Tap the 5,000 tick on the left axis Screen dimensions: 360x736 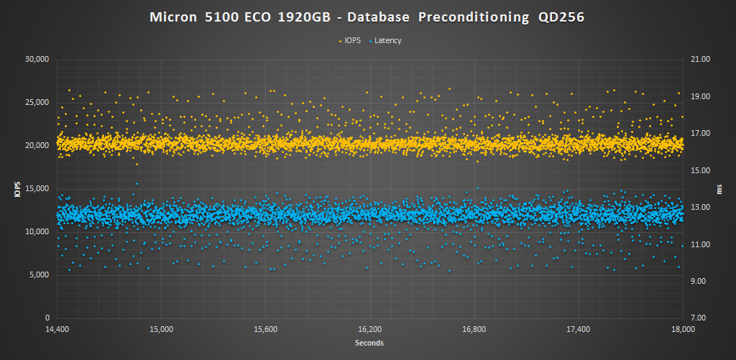tap(38, 274)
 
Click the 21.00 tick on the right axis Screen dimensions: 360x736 tap(700, 59)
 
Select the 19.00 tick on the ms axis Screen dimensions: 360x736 tap(700, 96)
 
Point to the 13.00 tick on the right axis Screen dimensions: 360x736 tap(700, 207)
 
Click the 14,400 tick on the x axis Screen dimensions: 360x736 tap(57, 329)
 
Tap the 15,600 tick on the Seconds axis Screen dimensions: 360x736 tap(265, 329)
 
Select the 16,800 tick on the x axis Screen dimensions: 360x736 tap(474, 329)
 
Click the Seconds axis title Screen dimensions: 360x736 tap(369, 343)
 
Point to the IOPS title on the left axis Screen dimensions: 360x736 tap(17, 188)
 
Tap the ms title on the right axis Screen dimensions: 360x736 tap(719, 188)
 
